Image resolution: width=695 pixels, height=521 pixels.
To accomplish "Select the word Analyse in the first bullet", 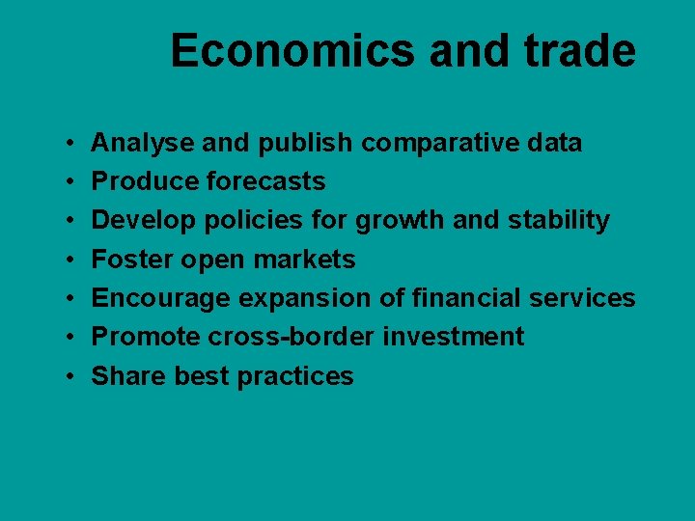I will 136,144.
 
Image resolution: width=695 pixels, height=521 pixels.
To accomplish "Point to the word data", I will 554,144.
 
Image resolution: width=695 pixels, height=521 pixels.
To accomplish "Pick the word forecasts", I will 265,182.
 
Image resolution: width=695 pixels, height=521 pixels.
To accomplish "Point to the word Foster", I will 128,260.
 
